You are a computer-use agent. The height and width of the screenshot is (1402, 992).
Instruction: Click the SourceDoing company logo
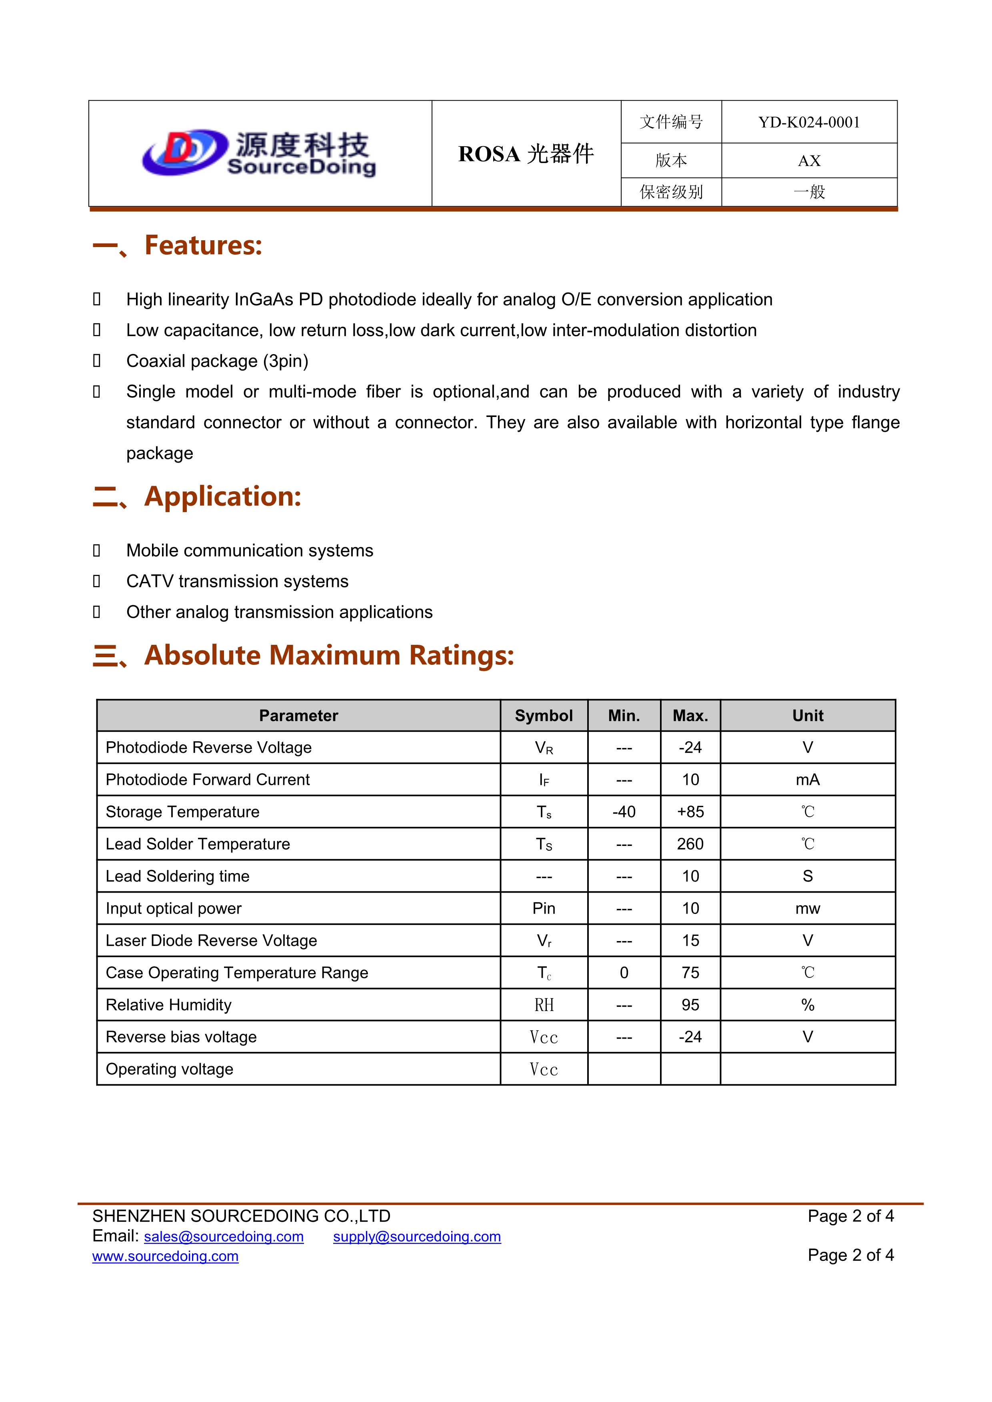pyautogui.click(x=259, y=153)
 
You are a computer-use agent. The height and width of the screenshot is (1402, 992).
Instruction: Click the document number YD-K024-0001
pyautogui.click(x=809, y=123)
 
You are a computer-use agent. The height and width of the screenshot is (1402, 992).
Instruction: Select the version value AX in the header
pyautogui.click(x=809, y=161)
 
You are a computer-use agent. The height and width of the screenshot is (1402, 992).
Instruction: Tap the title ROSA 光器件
pyautogui.click(x=526, y=154)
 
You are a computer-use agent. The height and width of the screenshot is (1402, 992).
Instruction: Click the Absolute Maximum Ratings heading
pyautogui.click(x=329, y=655)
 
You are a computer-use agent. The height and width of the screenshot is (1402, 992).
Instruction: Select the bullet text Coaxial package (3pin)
pyautogui.click(x=217, y=361)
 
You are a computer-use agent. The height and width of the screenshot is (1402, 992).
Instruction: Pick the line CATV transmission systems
pyautogui.click(x=237, y=581)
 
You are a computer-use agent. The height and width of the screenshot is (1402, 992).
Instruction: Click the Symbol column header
pyautogui.click(x=544, y=716)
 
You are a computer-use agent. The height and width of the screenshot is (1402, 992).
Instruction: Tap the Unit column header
pyautogui.click(x=808, y=716)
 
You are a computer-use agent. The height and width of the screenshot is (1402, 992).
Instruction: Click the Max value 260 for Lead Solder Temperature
pyautogui.click(x=690, y=844)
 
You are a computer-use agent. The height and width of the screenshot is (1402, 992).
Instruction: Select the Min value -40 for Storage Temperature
pyautogui.click(x=624, y=812)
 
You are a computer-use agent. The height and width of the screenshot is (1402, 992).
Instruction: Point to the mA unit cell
pyautogui.click(x=808, y=780)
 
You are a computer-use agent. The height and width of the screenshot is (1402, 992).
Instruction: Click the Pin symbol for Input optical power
pyautogui.click(x=544, y=909)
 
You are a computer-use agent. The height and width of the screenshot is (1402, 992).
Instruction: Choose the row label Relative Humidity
pyautogui.click(x=168, y=1005)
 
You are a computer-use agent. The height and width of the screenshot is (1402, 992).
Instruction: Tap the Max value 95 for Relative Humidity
pyautogui.click(x=690, y=1005)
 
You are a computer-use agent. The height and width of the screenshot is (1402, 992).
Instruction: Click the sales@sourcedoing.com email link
pyautogui.click(x=224, y=1236)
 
